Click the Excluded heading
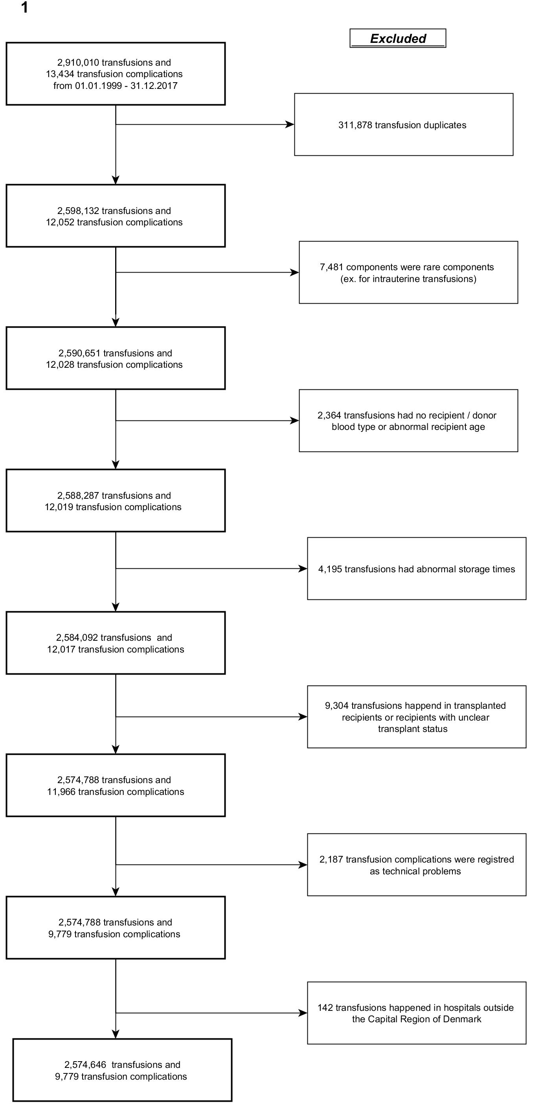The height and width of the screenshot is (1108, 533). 398,39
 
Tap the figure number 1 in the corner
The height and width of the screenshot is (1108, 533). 25,8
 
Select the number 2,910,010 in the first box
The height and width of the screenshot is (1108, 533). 78,63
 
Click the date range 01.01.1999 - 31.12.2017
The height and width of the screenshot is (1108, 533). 127,86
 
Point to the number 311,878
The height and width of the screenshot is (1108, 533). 355,125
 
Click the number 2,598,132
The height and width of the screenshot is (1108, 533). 78,211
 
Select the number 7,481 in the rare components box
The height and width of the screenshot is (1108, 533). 331,267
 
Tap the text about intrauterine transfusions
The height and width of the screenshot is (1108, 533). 408,279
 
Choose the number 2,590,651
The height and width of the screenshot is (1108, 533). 79,353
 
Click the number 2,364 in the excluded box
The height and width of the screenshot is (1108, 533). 329,415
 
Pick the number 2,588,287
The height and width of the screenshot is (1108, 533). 78,496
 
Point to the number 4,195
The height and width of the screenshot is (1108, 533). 330,569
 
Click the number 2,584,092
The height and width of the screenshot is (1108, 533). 77,638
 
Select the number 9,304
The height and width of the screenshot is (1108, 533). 336,706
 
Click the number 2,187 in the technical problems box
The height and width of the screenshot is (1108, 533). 331,859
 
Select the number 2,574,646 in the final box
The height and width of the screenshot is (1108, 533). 85,1065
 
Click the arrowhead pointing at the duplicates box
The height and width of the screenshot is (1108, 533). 290,125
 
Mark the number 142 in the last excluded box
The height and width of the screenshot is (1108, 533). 325,1007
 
